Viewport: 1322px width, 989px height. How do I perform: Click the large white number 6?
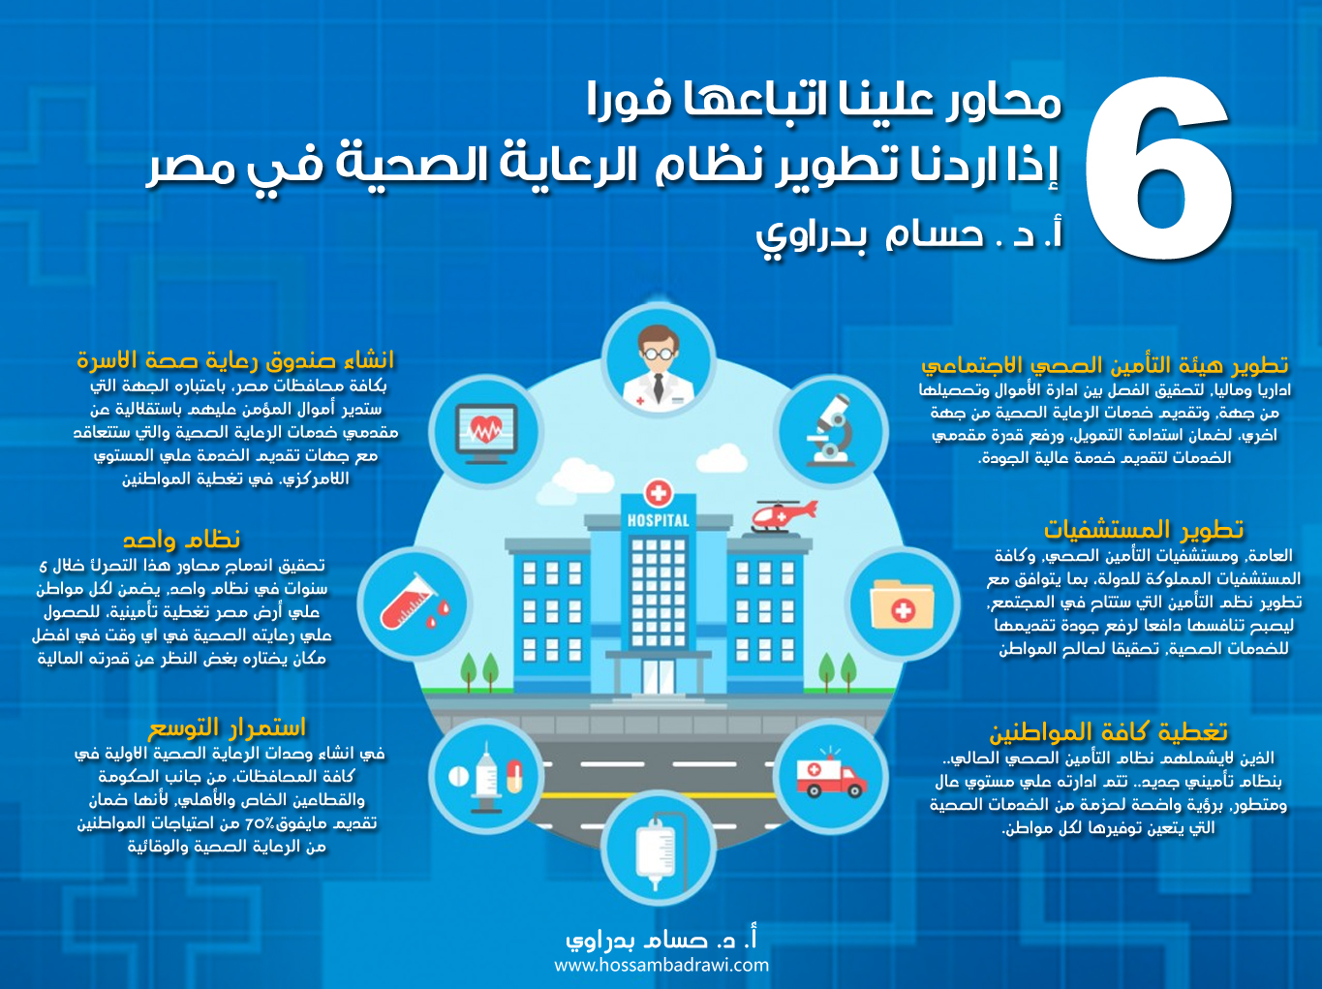(1159, 169)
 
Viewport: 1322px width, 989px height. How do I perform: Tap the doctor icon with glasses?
(659, 363)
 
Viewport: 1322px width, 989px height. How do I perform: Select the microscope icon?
(831, 430)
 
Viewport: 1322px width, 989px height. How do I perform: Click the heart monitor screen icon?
(486, 433)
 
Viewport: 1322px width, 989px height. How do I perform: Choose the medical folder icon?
(902, 603)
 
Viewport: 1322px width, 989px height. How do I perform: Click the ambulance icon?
(831, 775)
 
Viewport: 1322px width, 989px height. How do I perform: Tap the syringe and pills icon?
(486, 777)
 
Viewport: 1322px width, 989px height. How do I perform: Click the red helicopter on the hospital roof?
(783, 516)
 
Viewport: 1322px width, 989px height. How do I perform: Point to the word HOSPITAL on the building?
(659, 520)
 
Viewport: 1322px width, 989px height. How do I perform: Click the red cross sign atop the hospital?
(659, 494)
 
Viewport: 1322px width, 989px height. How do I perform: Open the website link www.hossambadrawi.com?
(661, 966)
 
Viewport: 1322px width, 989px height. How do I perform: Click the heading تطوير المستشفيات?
(1143, 530)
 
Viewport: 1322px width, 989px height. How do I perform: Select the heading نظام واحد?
(181, 540)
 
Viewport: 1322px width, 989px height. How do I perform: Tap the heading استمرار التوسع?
(227, 727)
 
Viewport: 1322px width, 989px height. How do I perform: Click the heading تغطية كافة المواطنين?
(1108, 731)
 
